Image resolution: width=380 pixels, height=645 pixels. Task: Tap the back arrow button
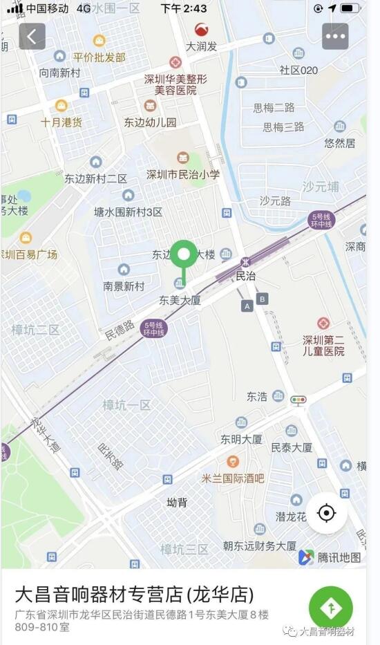(x=32, y=36)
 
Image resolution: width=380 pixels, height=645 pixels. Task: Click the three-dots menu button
(x=335, y=36)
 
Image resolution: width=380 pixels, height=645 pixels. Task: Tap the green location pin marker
(x=183, y=256)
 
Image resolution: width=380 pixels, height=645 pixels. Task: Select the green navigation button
(x=330, y=608)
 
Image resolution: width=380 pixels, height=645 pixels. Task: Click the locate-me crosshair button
(x=326, y=513)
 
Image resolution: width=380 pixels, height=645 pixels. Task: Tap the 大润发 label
(x=202, y=46)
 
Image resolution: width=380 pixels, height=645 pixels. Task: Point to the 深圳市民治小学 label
(x=183, y=174)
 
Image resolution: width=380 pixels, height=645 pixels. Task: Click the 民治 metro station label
(x=245, y=275)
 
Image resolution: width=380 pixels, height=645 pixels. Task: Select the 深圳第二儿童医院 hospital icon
(x=323, y=324)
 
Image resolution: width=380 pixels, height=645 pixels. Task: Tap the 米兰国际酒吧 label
(x=233, y=478)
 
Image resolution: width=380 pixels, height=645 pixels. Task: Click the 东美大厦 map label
(x=180, y=300)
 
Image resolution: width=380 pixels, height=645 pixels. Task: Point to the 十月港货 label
(x=61, y=122)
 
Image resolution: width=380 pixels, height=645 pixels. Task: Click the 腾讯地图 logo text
(x=339, y=557)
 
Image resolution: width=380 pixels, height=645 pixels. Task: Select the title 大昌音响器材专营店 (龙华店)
(x=134, y=594)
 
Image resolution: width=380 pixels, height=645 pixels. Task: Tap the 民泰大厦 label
(x=292, y=447)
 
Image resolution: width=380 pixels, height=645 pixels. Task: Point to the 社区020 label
(x=298, y=70)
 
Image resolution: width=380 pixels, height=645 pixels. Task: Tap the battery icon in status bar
(x=350, y=8)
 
